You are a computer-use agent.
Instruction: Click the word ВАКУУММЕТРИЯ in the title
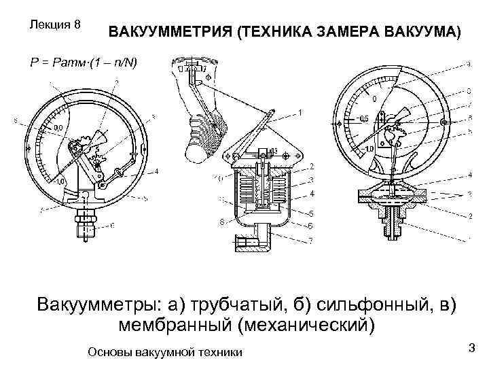click(x=169, y=33)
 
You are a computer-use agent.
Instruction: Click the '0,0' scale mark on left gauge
click(x=58, y=127)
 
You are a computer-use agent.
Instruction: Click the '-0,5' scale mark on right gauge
click(x=363, y=118)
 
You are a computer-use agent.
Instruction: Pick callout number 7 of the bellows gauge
click(x=311, y=240)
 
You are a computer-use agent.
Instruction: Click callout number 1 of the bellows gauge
click(x=300, y=111)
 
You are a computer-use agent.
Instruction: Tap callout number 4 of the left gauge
click(x=156, y=171)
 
